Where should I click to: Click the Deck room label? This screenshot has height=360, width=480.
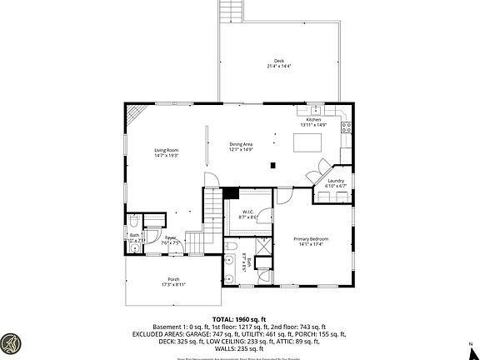(x=278, y=64)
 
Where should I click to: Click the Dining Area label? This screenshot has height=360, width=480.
(x=241, y=147)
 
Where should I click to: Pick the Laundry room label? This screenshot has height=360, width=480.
(x=335, y=182)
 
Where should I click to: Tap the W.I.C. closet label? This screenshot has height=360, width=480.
(x=248, y=214)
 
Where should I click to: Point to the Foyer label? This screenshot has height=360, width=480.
(x=171, y=241)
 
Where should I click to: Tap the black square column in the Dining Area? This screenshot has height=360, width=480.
(x=272, y=165)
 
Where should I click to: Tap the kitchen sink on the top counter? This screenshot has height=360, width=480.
(x=316, y=110)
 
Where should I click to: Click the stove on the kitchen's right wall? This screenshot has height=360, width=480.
(x=347, y=128)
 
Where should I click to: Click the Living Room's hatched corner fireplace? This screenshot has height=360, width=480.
(x=139, y=112)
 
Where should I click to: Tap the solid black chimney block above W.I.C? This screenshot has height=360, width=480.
(x=232, y=193)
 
